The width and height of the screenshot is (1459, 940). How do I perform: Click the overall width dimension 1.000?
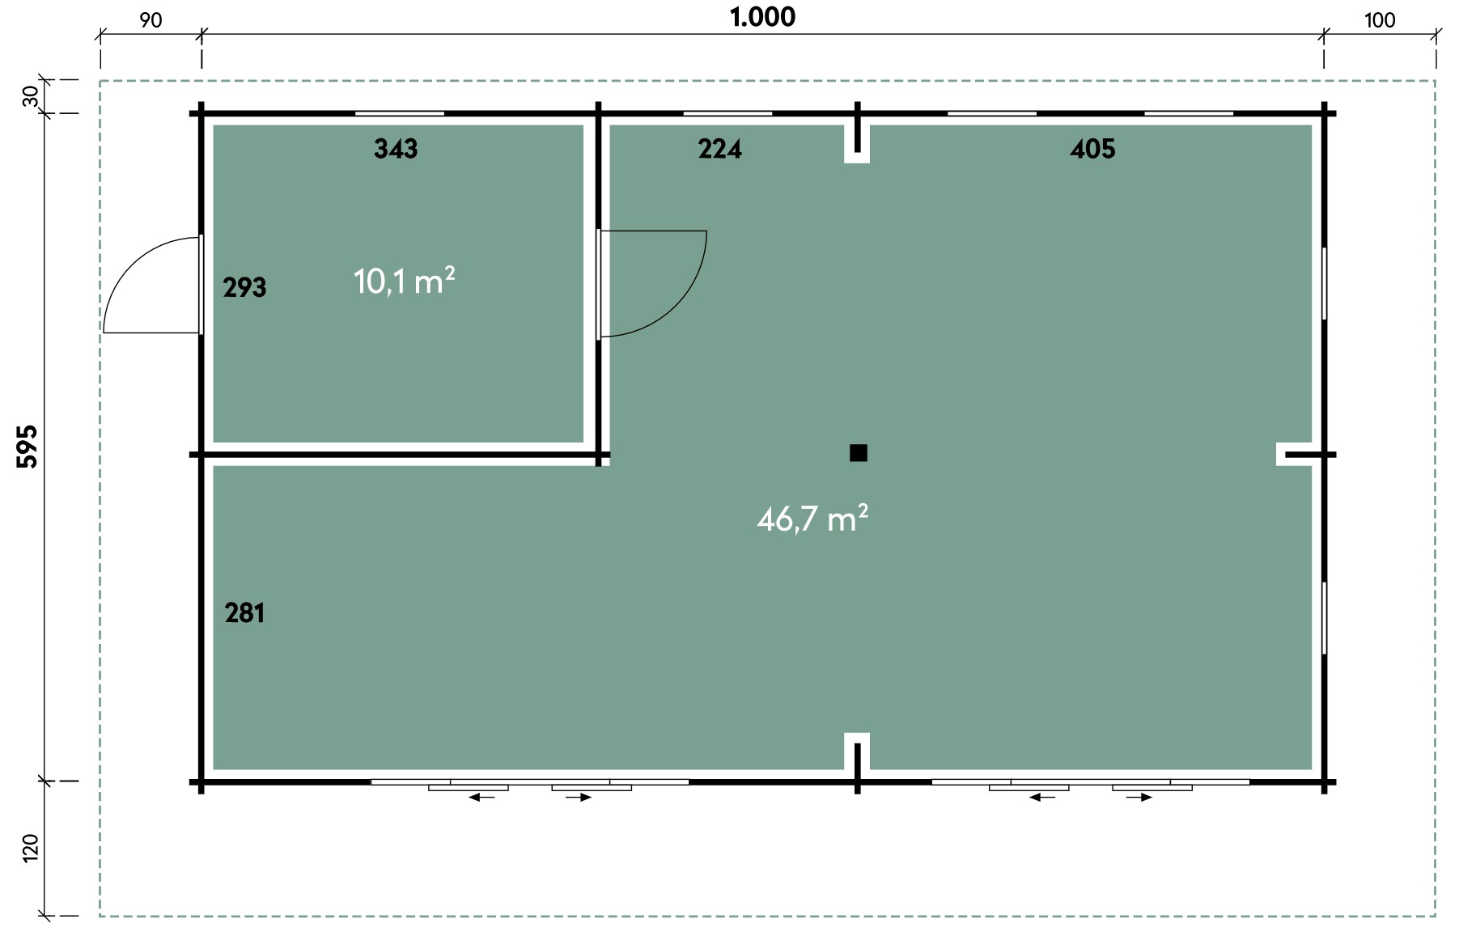762,17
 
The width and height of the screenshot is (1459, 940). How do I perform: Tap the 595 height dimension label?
28,446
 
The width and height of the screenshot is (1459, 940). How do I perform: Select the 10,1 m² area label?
404,282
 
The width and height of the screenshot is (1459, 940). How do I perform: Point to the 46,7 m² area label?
812,519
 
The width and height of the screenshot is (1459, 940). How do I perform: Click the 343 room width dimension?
396,149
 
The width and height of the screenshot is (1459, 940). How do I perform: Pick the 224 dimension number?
720,149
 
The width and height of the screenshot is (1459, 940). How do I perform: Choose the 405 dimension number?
1092,149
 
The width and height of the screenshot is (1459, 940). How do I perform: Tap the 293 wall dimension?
244,287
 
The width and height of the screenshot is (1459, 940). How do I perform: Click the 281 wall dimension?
244,613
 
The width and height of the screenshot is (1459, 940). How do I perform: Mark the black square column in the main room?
859,453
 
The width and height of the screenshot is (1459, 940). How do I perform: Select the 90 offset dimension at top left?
151,20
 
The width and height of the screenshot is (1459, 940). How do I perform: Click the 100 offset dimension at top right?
1380,20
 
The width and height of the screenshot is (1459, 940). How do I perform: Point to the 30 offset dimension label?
31,97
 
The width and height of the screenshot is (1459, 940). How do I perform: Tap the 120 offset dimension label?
31,849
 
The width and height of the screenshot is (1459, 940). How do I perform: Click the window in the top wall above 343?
400,113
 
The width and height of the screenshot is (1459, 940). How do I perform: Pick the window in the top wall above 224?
727,113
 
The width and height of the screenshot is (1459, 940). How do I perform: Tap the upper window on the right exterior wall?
1325,283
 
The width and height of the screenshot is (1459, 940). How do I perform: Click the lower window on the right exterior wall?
1325,618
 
